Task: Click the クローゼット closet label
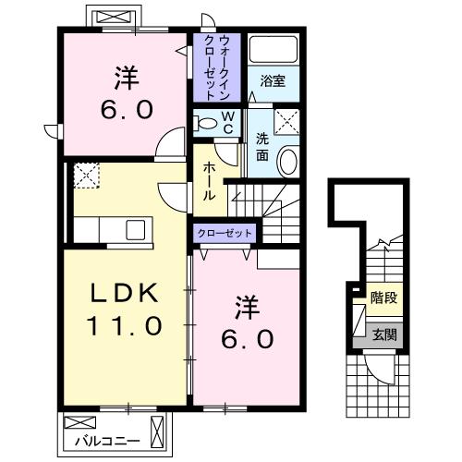pyautogui.click(x=225, y=233)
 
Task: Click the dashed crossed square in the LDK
pyautogui.click(x=87, y=175)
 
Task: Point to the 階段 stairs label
pyautogui.click(x=383, y=298)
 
